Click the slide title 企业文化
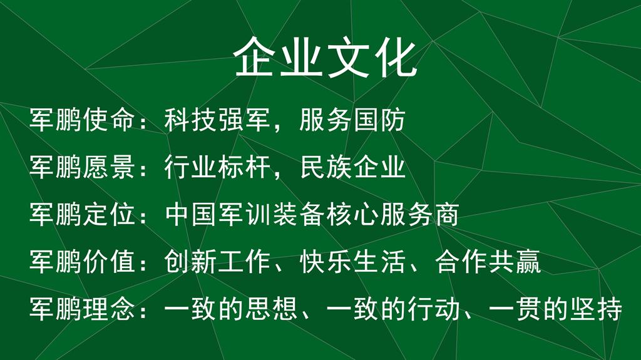(x=326, y=57)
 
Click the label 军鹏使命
(x=82, y=120)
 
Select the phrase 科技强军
(x=217, y=120)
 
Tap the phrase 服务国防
(x=352, y=120)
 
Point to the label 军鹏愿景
(x=82, y=167)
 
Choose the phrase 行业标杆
(x=217, y=167)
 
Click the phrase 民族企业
(x=352, y=167)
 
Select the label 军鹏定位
(x=82, y=214)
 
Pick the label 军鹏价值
(x=82, y=261)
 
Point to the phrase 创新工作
(x=217, y=261)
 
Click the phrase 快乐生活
(x=352, y=261)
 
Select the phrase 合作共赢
(x=488, y=261)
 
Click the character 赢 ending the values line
(x=528, y=261)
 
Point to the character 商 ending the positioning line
(x=446, y=214)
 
